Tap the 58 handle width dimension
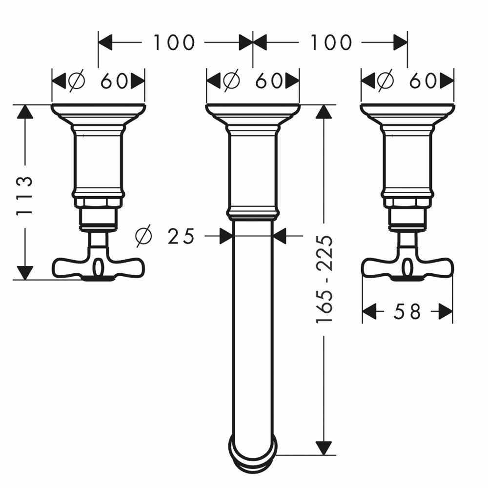407,311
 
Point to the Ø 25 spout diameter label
165,236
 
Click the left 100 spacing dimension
174,42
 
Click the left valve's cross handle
98,267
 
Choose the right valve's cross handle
407,267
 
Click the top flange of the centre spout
253,110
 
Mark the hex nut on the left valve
98,204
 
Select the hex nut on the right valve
407,204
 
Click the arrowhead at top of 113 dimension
25,113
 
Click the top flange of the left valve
98,110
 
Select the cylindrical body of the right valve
407,161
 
